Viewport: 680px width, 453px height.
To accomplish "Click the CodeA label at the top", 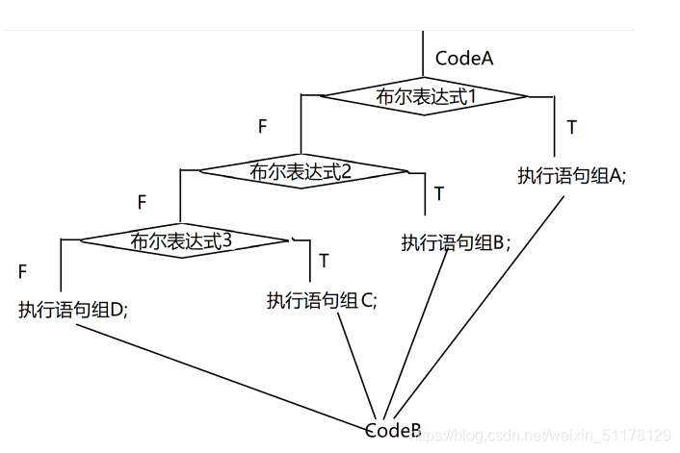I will (x=464, y=58).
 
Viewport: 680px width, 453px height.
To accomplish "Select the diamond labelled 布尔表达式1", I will (x=424, y=96).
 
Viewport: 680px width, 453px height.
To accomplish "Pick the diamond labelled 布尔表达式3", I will (x=183, y=239).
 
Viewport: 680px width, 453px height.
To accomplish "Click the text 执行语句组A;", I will (x=572, y=176).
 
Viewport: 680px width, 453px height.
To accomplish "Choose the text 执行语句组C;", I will (x=322, y=300).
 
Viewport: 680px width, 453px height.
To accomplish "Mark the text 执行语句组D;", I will (x=73, y=310).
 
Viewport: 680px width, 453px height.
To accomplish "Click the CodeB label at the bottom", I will (x=393, y=430).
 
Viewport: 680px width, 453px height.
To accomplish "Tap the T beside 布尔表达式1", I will (x=572, y=127).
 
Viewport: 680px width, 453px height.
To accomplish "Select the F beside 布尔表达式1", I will (x=262, y=126).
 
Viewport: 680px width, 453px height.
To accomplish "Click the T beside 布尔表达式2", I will (x=439, y=193).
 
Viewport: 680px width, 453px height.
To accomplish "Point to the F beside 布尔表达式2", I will (x=142, y=202).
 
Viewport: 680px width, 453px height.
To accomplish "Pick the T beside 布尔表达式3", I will (x=324, y=260).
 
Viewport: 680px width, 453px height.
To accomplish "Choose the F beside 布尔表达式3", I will (x=21, y=272).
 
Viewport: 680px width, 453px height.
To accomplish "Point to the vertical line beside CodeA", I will (x=423, y=53).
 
